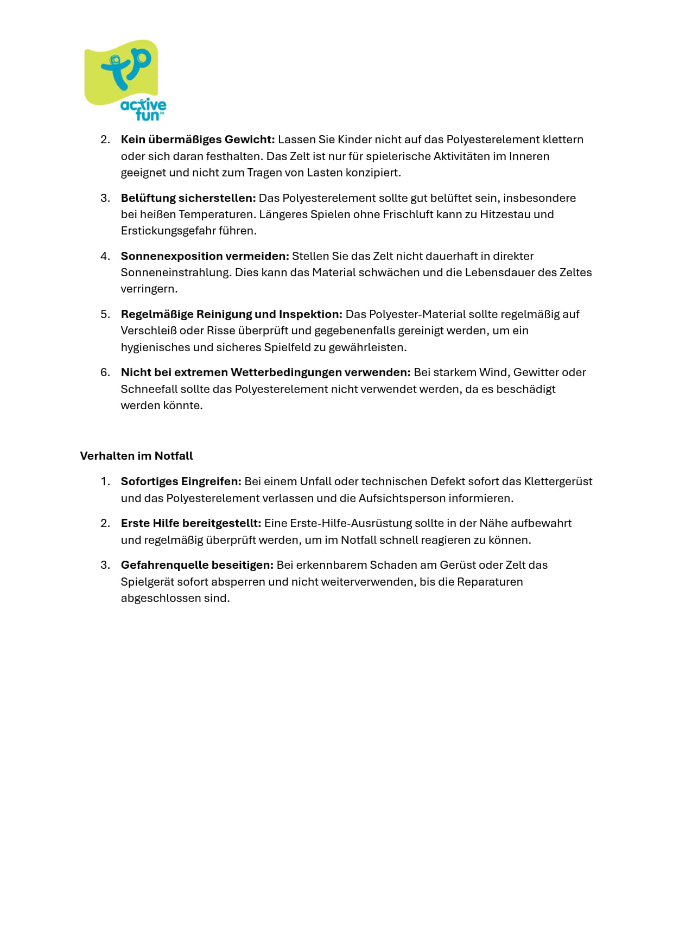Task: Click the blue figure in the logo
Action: coord(126,68)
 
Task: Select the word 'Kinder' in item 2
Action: coord(355,139)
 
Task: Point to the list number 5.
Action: coord(105,314)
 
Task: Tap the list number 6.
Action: coord(105,372)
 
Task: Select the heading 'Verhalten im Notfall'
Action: coord(136,456)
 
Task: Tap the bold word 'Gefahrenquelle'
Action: coord(161,565)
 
